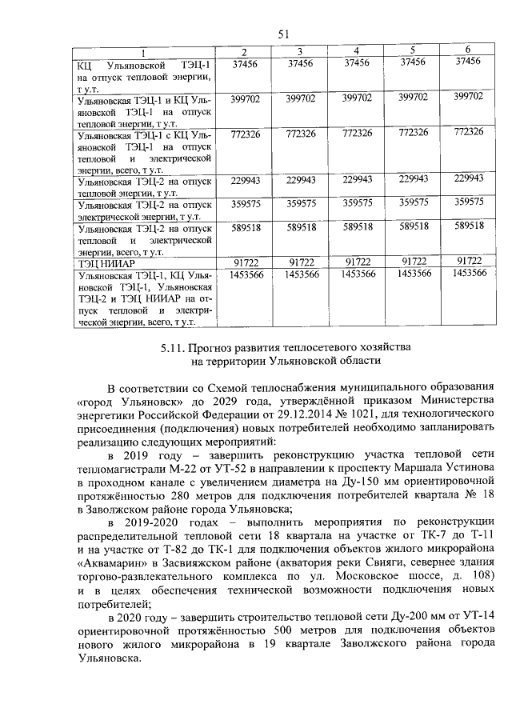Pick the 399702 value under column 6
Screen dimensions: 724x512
click(x=468, y=97)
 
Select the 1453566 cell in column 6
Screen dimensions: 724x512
click(x=469, y=274)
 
